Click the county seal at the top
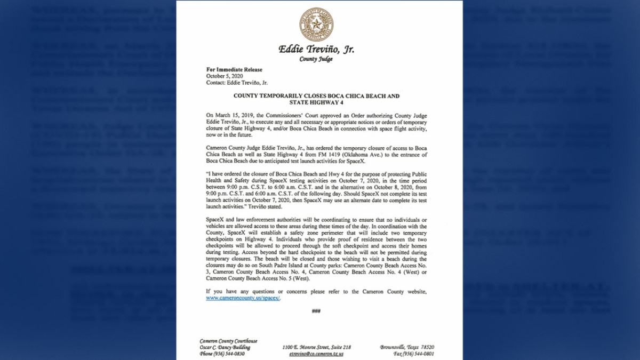[316, 25]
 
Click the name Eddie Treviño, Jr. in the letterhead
[316, 50]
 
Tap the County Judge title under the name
[316, 59]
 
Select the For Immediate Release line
[234, 70]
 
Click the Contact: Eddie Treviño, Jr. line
[237, 83]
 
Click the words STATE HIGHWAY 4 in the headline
[316, 102]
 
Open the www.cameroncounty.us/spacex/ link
[243, 298]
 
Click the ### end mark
[316, 311]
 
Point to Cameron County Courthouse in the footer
[228, 341]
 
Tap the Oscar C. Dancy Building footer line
[225, 347]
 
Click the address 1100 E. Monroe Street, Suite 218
[316, 347]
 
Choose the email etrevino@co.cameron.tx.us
[316, 354]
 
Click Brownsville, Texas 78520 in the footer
[407, 347]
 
